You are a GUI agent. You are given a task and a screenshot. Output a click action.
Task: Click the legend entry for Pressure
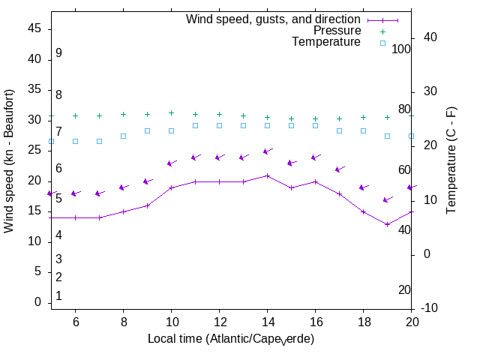(x=337, y=31)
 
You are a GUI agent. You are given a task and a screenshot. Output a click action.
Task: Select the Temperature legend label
(x=325, y=42)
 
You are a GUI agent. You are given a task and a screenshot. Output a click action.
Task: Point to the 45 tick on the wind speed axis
(x=34, y=28)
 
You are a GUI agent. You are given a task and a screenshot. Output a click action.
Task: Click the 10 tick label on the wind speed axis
(x=34, y=241)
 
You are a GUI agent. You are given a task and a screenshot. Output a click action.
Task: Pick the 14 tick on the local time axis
(x=267, y=321)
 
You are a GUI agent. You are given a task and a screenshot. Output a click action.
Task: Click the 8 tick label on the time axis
(x=123, y=321)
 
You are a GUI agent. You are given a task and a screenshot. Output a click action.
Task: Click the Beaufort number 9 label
(x=58, y=53)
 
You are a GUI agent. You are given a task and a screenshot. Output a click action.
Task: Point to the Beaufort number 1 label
(x=58, y=296)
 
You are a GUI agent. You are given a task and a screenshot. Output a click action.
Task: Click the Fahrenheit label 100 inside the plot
(x=402, y=49)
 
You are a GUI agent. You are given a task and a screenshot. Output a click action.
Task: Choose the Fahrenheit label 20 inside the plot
(x=404, y=289)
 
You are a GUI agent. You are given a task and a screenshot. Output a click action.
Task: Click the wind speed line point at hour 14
(x=267, y=175)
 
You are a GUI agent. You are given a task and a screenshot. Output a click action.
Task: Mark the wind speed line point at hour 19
(x=387, y=224)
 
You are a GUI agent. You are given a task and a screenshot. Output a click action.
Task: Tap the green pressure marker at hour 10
(x=171, y=112)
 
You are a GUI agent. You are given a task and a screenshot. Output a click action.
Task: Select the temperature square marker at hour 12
(x=219, y=125)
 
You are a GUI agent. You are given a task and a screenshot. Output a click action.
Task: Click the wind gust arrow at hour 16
(x=315, y=157)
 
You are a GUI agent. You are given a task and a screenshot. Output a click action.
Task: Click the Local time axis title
(x=230, y=339)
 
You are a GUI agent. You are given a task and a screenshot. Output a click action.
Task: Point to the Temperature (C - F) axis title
(x=451, y=160)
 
